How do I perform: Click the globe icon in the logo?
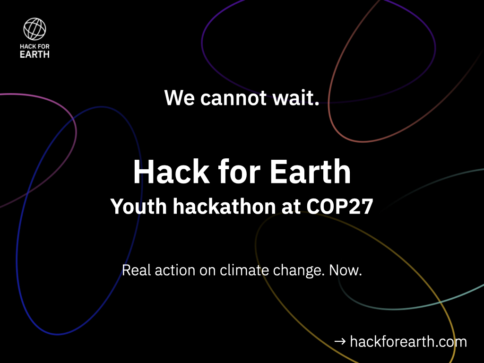click(x=35, y=29)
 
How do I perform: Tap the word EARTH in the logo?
click(x=35, y=54)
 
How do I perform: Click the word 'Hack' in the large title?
click(x=170, y=172)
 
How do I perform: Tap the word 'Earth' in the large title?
click(x=310, y=172)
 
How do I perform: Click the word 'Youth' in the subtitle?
click(x=136, y=207)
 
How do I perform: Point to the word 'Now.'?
click(x=346, y=271)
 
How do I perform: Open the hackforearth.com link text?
click(x=408, y=341)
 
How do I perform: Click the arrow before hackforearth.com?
click(x=339, y=341)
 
